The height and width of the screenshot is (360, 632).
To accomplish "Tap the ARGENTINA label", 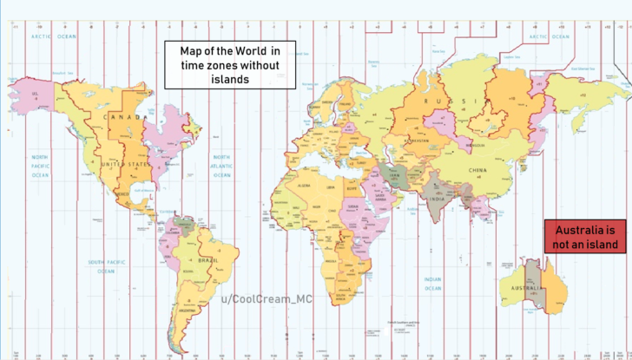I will tap(185, 309).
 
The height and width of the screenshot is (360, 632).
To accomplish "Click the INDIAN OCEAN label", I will tap(432, 283).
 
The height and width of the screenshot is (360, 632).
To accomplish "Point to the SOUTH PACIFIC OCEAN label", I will tap(106, 266).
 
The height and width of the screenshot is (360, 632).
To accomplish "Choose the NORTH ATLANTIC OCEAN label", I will tap(222, 169).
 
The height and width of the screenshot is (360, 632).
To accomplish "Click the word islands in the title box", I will tap(229, 79).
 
